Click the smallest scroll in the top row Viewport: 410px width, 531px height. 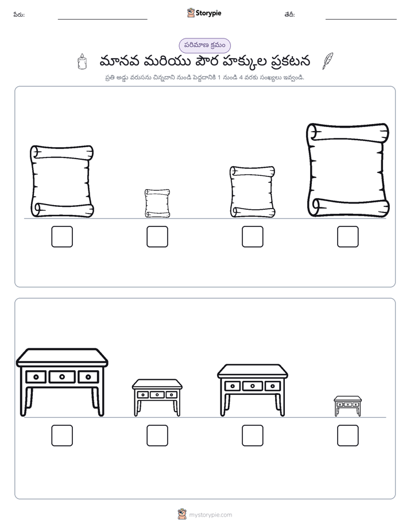click(157, 203)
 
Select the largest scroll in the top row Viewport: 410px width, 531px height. click(348, 170)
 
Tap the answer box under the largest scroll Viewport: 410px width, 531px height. click(348, 237)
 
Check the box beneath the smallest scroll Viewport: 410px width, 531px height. click(157, 237)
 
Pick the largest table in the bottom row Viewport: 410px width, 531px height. click(62, 382)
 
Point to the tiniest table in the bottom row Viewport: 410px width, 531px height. click(348, 406)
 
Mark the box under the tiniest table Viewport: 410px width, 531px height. click(348, 436)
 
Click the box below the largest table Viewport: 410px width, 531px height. click(62, 436)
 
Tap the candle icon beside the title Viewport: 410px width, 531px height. click(82, 61)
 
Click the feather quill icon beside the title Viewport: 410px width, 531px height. click(327, 61)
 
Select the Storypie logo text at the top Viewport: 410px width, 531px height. click(208, 13)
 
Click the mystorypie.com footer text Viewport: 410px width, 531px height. click(210, 515)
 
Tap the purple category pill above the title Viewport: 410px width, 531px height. click(204, 45)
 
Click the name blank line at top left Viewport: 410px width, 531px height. click(102, 20)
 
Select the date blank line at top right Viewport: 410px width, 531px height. click(361, 20)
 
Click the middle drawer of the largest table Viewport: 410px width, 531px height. click(62, 376)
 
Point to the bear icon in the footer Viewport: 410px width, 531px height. click(182, 514)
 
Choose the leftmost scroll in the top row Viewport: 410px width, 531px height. click(62, 181)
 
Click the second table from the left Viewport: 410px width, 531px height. click(157, 398)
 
